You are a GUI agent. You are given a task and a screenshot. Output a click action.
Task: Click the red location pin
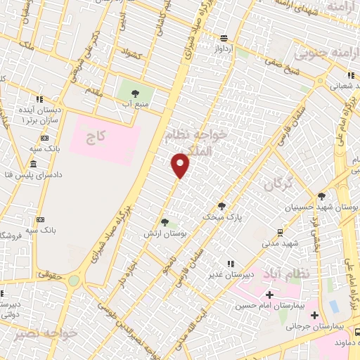coord(181,165)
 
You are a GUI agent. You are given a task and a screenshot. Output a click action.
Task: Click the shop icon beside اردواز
coord(224,38)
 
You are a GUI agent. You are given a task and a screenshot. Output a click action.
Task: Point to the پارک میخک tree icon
coord(222,205)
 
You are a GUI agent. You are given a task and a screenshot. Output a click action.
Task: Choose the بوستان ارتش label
coord(165,232)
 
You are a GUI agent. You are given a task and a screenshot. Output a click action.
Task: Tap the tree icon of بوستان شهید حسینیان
coord(322,196)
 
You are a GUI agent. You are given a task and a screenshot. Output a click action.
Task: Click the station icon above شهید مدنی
coord(281,232)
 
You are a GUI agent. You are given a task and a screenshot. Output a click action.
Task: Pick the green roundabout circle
coord(74,281)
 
